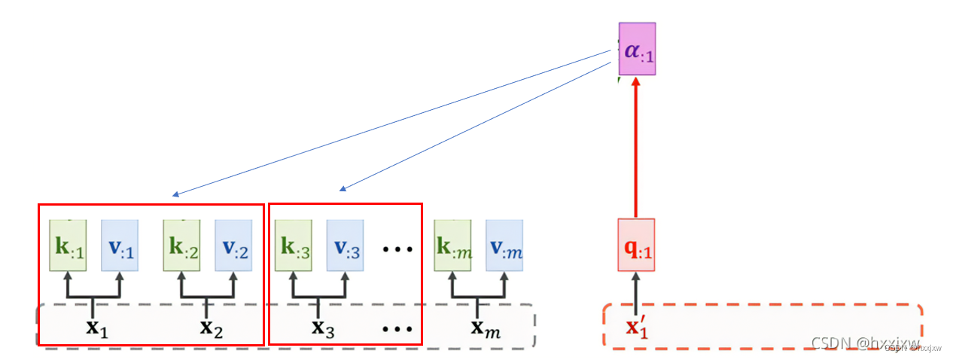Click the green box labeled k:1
click(68, 246)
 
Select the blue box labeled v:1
click(119, 246)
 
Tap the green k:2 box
click(181, 246)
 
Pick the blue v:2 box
click(233, 246)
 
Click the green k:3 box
click(294, 246)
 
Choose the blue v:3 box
click(345, 246)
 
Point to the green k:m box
click(452, 246)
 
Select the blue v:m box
click(504, 246)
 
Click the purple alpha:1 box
click(637, 49)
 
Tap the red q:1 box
click(636, 245)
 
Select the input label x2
click(210, 328)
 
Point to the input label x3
click(323, 328)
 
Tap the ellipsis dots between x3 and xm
click(397, 329)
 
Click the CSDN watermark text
click(865, 343)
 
